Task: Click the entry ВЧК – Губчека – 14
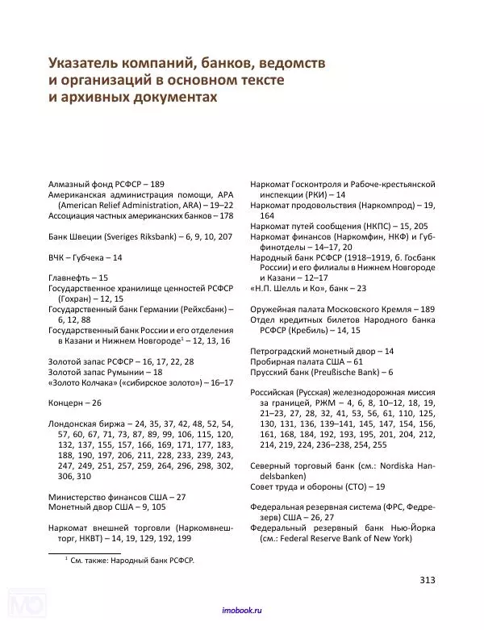(x=86, y=257)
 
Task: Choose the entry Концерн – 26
(x=75, y=402)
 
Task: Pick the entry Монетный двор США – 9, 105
(x=101, y=507)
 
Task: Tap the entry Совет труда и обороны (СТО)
(x=317, y=486)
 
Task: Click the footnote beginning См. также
(x=132, y=560)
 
